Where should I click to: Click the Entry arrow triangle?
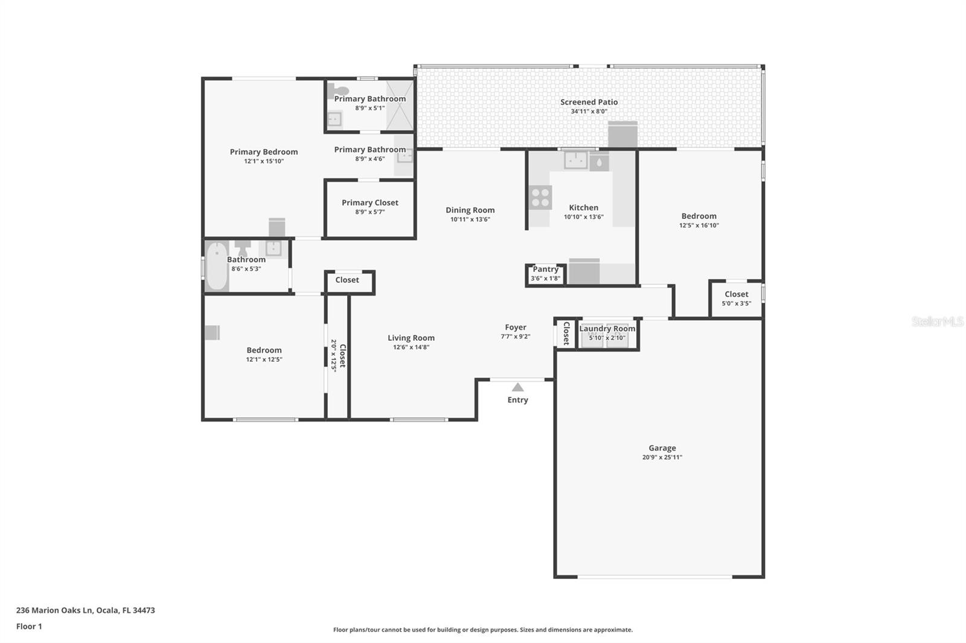tap(518, 387)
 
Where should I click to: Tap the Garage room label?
tap(662, 448)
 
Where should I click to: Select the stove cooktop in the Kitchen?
tap(540, 197)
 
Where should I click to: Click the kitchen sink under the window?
tap(576, 160)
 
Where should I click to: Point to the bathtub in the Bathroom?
tap(217, 266)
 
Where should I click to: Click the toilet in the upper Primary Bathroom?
tap(341, 91)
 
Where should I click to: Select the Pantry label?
tap(545, 269)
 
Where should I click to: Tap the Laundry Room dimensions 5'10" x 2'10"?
tap(607, 338)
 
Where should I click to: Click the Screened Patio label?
tap(589, 102)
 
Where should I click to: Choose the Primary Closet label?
tap(369, 203)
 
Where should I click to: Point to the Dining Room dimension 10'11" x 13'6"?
tap(470, 220)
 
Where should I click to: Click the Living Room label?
tap(411, 338)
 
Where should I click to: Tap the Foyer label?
tap(516, 328)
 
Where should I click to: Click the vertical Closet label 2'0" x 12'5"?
tap(338, 355)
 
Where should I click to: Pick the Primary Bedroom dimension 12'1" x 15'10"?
tap(264, 162)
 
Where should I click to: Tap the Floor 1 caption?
tap(29, 626)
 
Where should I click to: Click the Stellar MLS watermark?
tap(937, 321)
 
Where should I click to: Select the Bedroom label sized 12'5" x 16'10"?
tap(699, 216)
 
